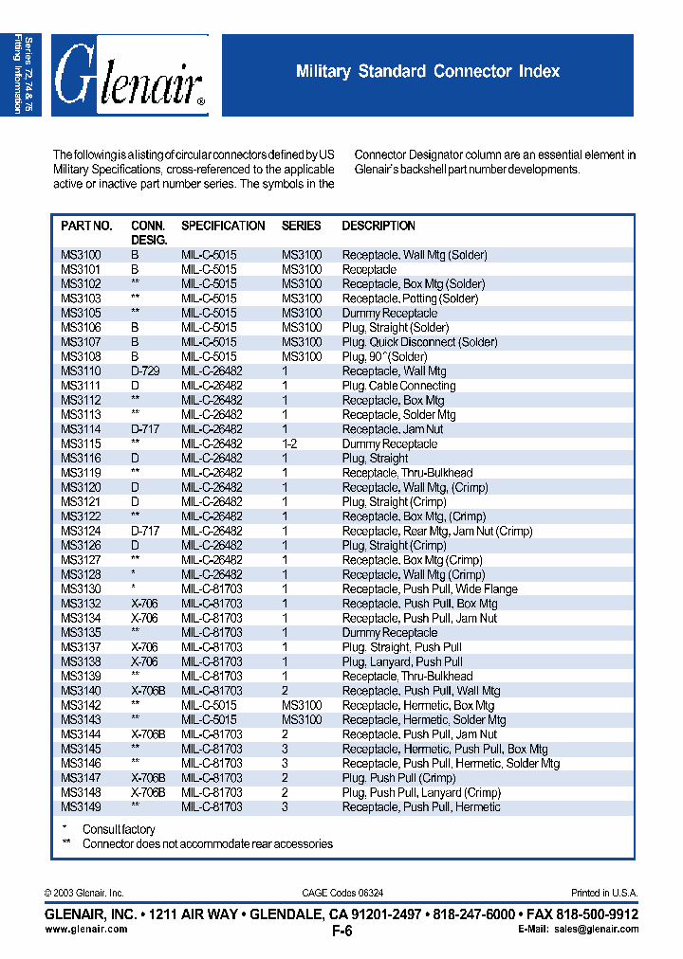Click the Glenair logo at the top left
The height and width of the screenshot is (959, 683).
coord(130,76)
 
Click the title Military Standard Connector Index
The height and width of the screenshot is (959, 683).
coord(428,71)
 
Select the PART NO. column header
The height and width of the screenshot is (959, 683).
coord(86,226)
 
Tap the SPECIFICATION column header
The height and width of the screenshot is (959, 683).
coord(223,226)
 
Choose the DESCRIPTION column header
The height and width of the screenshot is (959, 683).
coord(378,226)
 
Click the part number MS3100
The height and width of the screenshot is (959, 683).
coord(81,255)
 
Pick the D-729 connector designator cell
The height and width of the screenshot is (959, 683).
coord(145,371)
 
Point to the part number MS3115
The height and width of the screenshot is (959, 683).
coord(81,443)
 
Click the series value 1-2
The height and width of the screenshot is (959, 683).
coord(289,443)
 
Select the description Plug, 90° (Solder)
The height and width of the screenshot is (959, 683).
coord(384,356)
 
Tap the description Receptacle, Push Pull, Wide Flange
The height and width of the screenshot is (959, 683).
coord(430,588)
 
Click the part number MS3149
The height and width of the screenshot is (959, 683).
coord(81,806)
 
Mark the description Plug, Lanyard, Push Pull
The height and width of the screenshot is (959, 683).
coord(402,661)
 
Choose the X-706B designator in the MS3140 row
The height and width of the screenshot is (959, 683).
coord(148,691)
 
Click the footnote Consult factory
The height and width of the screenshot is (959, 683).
coord(119,830)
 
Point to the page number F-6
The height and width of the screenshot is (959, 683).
coord(341,932)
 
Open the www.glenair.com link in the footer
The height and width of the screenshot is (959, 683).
coord(86,930)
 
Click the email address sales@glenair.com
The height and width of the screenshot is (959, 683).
coord(598,930)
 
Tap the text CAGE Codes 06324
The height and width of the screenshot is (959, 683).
coord(342,893)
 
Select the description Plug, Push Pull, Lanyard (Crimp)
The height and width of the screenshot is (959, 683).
coord(421,792)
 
